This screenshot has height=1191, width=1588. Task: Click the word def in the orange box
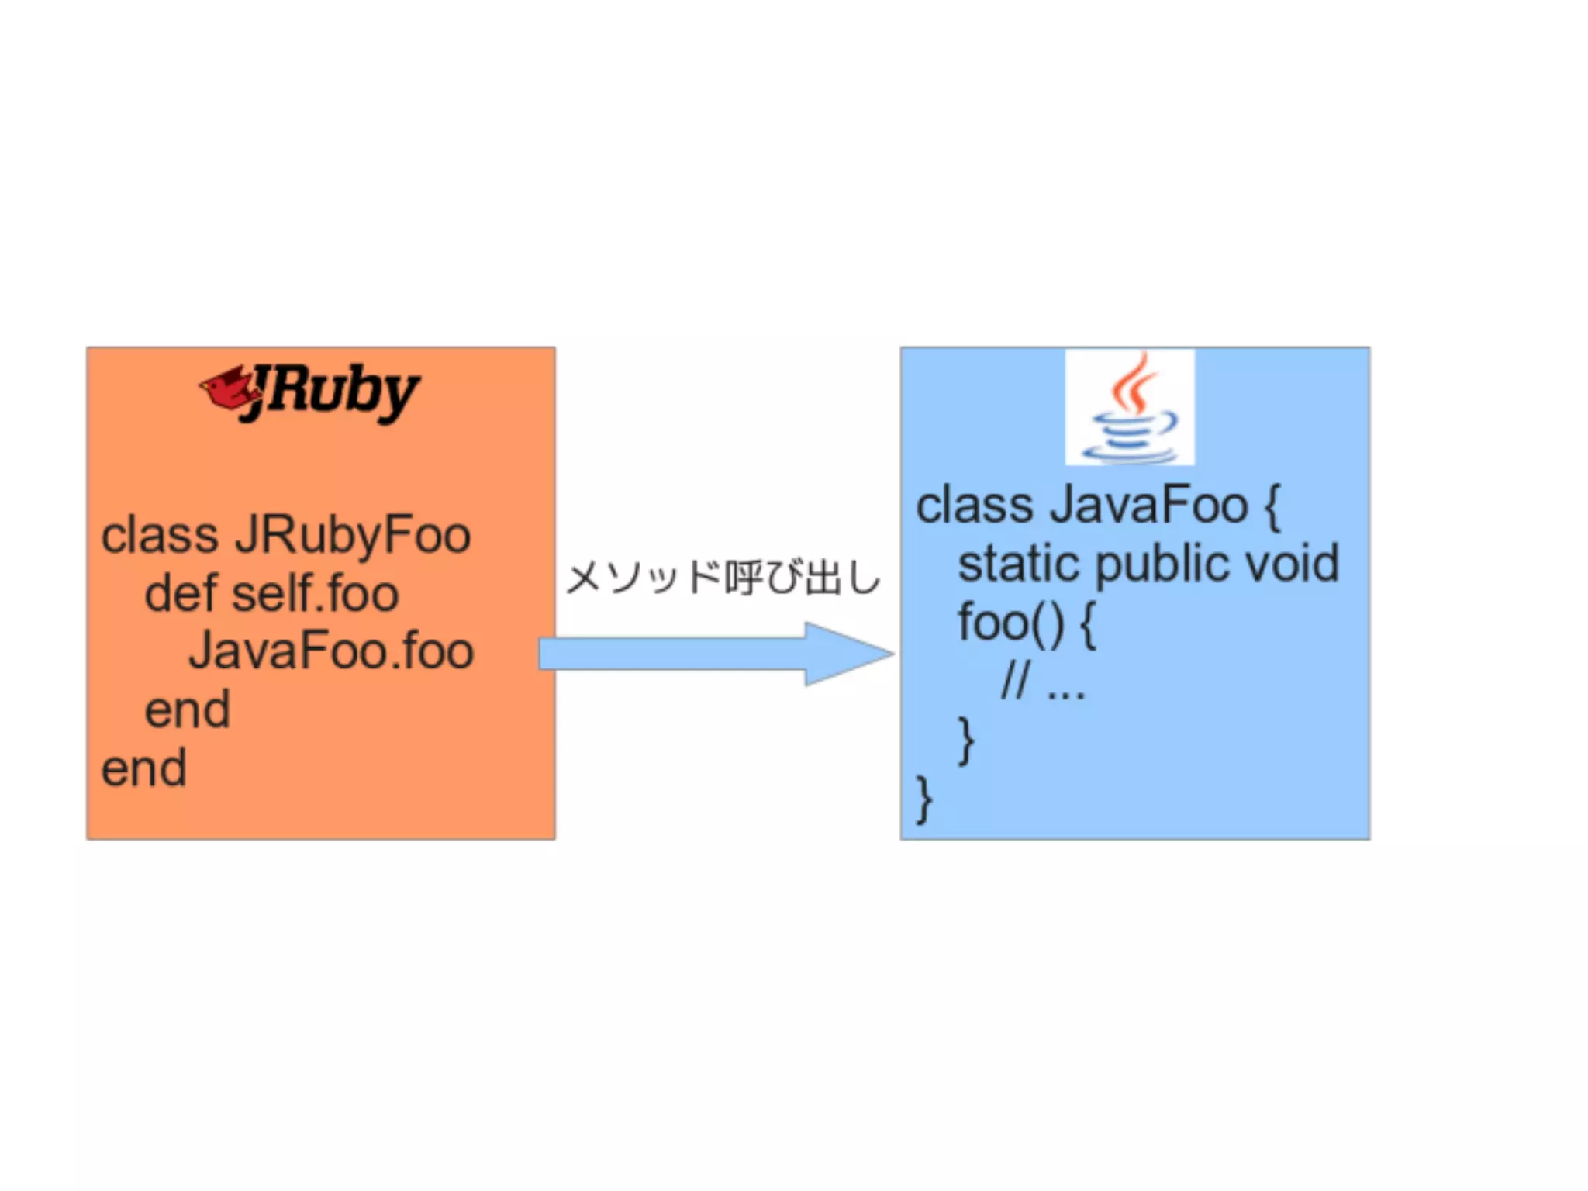tap(181, 594)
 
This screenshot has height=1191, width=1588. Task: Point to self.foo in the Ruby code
tap(316, 594)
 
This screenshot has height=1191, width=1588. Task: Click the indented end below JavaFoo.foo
tap(188, 709)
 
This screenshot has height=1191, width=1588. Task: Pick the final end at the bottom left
tap(144, 768)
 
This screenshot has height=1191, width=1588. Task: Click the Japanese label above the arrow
tap(723, 578)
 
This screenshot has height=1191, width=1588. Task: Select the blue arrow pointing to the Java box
tap(715, 654)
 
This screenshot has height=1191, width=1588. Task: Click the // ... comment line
tap(1043, 683)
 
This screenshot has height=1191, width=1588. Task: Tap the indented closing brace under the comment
tap(966, 740)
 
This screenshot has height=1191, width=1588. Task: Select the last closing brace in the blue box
tap(923, 799)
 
